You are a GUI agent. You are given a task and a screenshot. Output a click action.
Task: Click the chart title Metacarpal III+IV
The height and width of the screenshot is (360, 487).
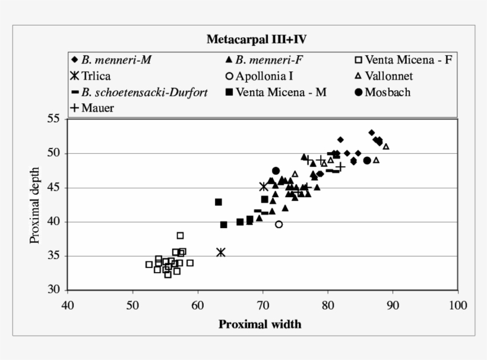(x=256, y=40)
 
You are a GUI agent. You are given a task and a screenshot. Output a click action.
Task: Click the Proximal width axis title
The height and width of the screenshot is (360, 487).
(x=260, y=324)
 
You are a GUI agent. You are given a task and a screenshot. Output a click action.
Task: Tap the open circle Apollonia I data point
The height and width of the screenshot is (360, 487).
(x=279, y=224)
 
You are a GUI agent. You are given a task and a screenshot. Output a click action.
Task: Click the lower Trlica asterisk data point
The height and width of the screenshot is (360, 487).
(x=221, y=252)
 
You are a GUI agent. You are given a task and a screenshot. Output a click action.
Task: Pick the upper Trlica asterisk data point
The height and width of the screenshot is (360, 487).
(x=264, y=187)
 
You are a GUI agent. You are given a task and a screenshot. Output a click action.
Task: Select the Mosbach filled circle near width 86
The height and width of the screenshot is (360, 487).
(x=367, y=160)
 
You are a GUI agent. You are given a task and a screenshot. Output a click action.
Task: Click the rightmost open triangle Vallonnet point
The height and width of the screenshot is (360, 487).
(x=386, y=146)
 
